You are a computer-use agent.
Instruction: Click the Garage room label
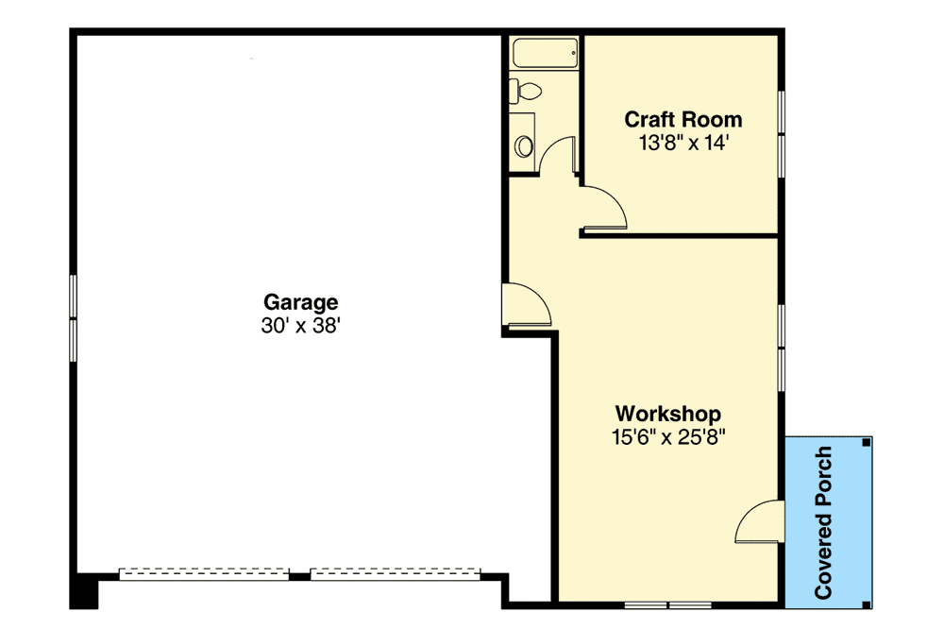click(300, 302)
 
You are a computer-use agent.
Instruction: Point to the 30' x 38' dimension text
click(300, 326)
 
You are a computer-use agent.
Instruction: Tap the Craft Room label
click(683, 120)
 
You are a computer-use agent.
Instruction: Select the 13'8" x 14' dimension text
click(683, 143)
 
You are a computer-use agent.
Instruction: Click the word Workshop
click(668, 414)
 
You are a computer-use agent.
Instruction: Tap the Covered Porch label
click(823, 523)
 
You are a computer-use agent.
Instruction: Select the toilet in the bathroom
click(526, 92)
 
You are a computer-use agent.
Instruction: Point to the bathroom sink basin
click(524, 146)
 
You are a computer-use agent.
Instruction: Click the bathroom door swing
click(561, 156)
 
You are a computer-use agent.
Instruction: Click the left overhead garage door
click(203, 571)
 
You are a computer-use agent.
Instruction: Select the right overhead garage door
click(395, 571)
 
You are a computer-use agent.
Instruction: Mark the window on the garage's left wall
click(74, 316)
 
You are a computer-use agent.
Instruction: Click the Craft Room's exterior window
click(781, 133)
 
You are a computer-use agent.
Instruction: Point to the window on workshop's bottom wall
click(667, 603)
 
